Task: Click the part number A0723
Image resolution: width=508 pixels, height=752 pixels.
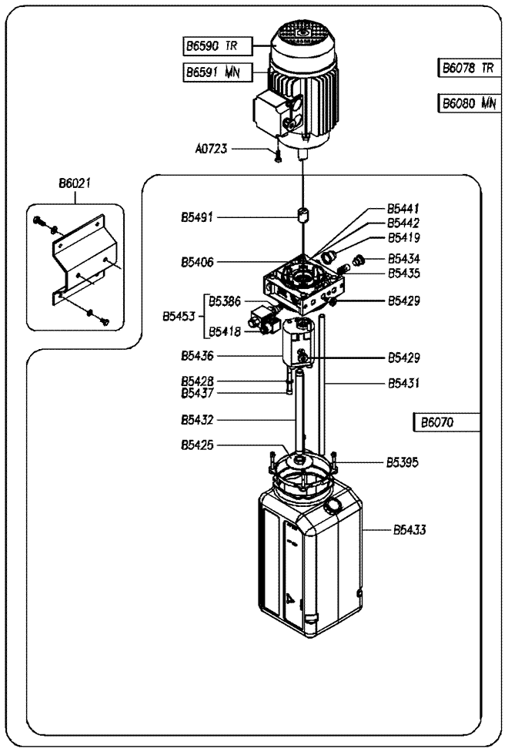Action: pos(211,149)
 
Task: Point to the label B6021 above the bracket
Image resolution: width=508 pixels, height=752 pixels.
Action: pos(75,183)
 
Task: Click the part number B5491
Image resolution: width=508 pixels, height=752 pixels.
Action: pos(197,218)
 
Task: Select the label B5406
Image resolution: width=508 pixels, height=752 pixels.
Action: pos(197,262)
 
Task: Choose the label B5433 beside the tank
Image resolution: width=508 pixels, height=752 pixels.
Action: pos(409,530)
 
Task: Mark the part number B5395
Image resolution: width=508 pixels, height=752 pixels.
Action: pos(403,462)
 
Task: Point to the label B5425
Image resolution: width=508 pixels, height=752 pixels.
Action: pos(197,445)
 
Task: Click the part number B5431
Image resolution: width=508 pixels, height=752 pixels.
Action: pos(403,382)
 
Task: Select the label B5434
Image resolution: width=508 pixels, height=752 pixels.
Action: pos(403,259)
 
